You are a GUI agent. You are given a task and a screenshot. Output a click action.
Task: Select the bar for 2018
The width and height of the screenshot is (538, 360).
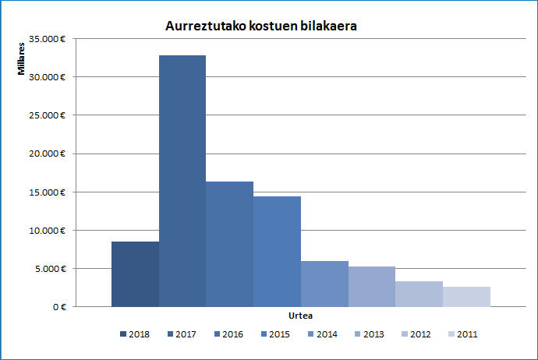[135, 274]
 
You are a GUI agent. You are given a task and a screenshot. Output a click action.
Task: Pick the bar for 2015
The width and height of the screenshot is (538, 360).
[277, 252]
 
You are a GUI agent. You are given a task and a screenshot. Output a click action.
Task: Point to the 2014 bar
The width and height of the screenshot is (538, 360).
[324, 284]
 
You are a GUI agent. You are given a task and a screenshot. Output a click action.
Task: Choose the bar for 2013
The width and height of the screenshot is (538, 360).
[371, 287]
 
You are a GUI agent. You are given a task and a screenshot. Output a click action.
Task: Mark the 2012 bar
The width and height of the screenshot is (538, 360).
[419, 294]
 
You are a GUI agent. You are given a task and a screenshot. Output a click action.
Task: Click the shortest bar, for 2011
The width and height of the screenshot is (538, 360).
[466, 297]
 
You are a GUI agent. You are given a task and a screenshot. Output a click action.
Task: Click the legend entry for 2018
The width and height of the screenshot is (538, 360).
[134, 334]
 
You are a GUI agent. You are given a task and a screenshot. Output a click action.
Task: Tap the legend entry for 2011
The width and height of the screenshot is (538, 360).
[463, 334]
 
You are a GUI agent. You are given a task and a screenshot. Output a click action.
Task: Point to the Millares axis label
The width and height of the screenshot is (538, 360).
[23, 58]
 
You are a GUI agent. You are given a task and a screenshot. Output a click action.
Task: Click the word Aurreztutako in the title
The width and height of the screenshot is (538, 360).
[204, 26]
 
